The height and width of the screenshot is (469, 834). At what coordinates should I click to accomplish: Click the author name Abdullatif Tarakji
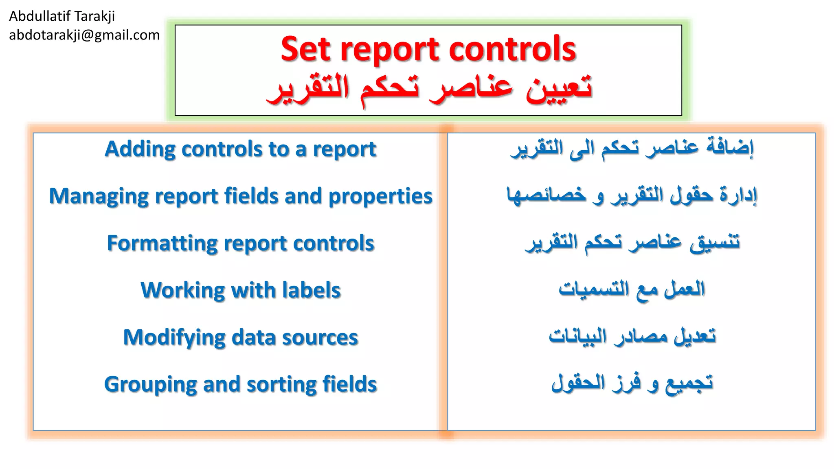(x=62, y=16)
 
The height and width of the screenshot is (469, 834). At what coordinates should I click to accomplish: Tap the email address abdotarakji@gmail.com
(x=84, y=35)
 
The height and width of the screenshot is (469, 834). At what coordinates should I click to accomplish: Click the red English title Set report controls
(x=428, y=49)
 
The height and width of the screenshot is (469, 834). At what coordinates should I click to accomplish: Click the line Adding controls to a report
(x=240, y=149)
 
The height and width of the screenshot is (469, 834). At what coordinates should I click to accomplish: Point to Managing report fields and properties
(x=240, y=196)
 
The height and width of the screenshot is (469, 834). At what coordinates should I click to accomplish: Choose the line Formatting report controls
(x=240, y=243)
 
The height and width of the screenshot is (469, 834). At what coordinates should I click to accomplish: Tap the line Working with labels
(x=240, y=290)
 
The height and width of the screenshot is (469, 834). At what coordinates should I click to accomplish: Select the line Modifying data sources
(x=240, y=338)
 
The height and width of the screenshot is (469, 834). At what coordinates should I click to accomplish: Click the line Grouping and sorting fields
(x=240, y=384)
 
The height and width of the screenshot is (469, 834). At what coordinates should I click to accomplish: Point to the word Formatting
(x=162, y=244)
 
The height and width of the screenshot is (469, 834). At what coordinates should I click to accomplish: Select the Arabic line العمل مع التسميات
(x=632, y=289)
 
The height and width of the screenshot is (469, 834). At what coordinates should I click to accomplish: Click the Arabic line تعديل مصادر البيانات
(x=632, y=336)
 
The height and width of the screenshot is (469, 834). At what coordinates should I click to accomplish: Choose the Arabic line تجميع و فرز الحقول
(x=632, y=384)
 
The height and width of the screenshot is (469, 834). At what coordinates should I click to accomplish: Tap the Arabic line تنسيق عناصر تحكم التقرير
(x=632, y=243)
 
